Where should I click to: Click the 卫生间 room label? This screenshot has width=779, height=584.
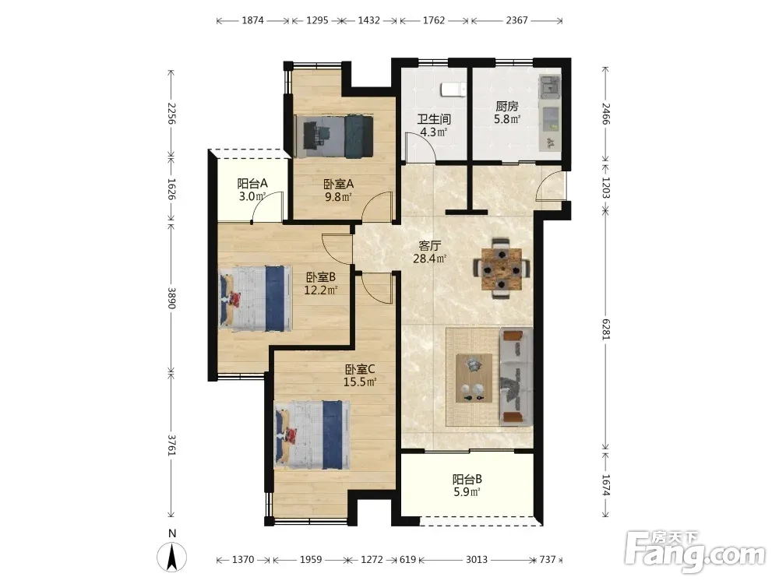pos(434,119)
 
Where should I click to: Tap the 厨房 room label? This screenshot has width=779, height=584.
pos(507,106)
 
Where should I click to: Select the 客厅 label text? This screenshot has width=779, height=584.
pos(430,246)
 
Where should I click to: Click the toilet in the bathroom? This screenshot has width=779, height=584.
pos(453,90)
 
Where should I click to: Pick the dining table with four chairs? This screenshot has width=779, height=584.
pos(501,268)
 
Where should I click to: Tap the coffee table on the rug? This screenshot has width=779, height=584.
pos(474,378)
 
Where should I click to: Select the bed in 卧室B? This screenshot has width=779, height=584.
pos(256,298)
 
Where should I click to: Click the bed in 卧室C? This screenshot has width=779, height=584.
pos(312,435)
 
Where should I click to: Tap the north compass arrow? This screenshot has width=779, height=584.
pos(172,557)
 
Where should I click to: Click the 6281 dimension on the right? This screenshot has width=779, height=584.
pos(605,329)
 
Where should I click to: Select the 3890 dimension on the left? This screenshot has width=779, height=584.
pos(171,298)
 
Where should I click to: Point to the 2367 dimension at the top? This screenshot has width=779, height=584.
pos(516,20)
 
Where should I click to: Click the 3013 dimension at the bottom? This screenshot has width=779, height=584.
pos(477,560)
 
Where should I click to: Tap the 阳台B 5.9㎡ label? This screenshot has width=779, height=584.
pos(467,486)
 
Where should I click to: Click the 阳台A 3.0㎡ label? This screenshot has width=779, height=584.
pos(252,190)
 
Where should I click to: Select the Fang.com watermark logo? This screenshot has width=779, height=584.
pos(695,552)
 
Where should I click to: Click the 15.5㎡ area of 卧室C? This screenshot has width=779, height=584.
pos(360,382)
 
